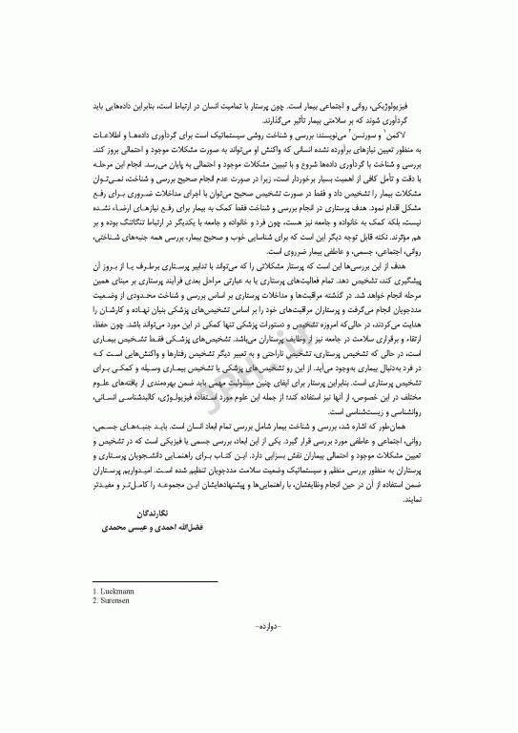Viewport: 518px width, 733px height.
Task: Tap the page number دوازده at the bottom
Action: [259, 654]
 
